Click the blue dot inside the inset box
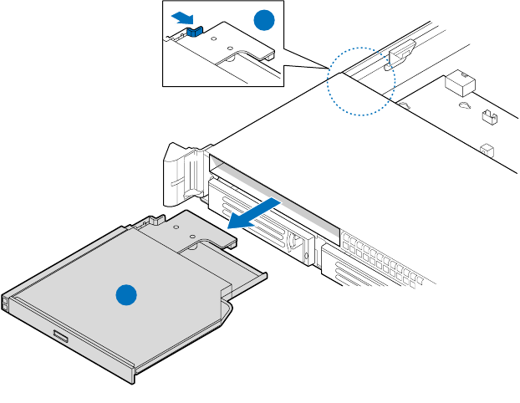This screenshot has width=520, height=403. pyautogui.click(x=263, y=22)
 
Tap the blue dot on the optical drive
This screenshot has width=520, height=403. pyautogui.click(x=125, y=295)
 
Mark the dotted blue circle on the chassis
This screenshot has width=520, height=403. pyautogui.click(x=359, y=80)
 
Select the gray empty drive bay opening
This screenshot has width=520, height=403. pyautogui.click(x=276, y=192)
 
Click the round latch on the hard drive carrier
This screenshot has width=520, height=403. pyautogui.click(x=296, y=242)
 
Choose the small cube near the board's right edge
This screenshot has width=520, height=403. pyautogui.click(x=485, y=150)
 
